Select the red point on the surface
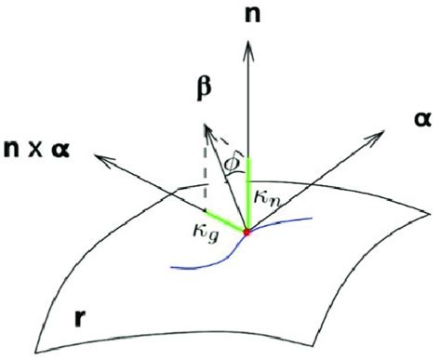[247, 232]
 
